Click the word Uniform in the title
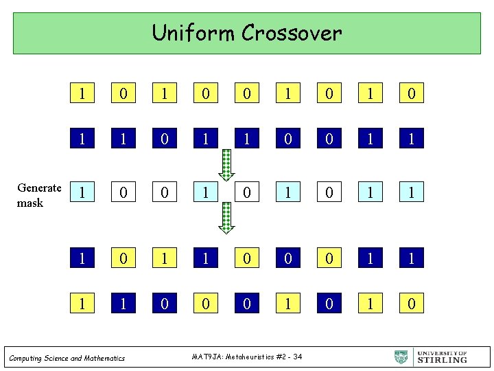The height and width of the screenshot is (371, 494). point(183,33)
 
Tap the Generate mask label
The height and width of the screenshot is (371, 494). point(39,195)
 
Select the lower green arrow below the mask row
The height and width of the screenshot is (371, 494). point(227,218)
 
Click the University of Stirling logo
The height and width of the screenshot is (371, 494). point(431,357)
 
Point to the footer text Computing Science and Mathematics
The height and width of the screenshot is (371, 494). point(67,358)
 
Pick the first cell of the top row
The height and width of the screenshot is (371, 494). point(83,93)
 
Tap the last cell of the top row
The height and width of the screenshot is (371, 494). point(411,93)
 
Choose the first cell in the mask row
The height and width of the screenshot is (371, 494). point(83,192)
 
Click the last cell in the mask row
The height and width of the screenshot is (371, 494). point(411,192)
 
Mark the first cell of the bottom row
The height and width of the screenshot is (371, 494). point(83,302)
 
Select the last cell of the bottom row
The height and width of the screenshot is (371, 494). point(411,302)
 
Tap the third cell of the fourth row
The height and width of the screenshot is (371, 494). point(165,258)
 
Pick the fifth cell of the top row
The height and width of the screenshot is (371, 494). point(247,93)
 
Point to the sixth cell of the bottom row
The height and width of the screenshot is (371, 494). point(288,302)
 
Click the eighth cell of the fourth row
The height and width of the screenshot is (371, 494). point(370,258)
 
